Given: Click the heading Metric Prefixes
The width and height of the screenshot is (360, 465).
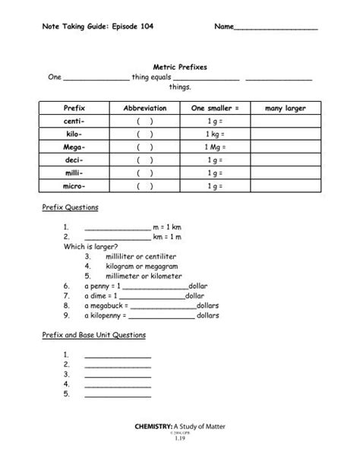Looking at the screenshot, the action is [181, 68].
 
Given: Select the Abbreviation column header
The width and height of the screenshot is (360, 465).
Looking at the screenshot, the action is [144, 109].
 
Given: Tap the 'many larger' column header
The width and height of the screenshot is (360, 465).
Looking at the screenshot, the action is [285, 109].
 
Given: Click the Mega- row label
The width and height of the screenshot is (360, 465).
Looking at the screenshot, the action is [75, 147].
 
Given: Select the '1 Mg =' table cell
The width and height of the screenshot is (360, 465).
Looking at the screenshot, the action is [215, 147].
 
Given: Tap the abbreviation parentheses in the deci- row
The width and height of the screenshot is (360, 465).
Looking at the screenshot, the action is [144, 160].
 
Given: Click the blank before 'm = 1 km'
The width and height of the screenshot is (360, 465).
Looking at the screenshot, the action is [118, 227].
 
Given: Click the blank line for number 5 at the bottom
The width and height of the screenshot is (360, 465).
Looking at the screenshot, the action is [118, 394].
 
